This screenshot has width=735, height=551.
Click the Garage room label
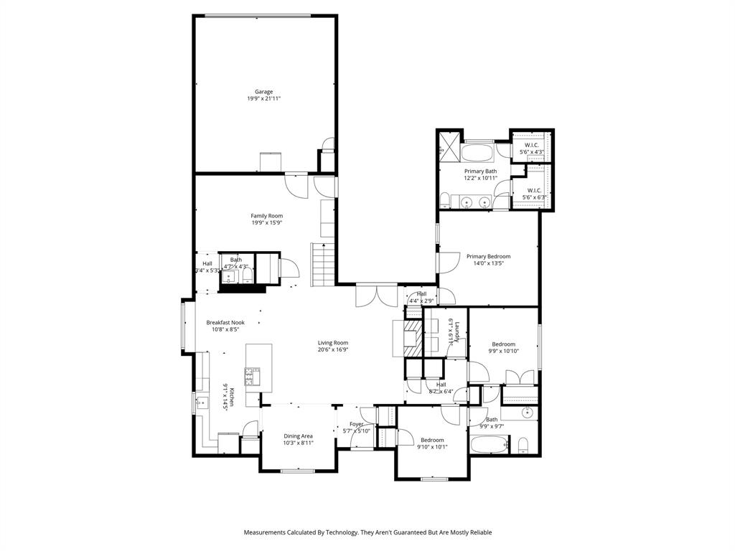(263, 92)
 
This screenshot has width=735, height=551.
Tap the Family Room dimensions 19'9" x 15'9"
(266, 223)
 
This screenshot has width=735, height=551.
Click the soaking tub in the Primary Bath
(476, 153)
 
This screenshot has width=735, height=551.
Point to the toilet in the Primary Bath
(445, 200)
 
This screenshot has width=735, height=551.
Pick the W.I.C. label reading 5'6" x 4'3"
(531, 149)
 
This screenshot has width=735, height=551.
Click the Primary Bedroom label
(488, 256)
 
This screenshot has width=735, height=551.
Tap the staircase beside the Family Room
(322, 264)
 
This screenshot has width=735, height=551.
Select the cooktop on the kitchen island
(253, 377)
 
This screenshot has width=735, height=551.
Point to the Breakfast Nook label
(225, 323)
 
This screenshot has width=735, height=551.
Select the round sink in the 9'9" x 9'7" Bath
(528, 413)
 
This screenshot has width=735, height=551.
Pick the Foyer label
(357, 424)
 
